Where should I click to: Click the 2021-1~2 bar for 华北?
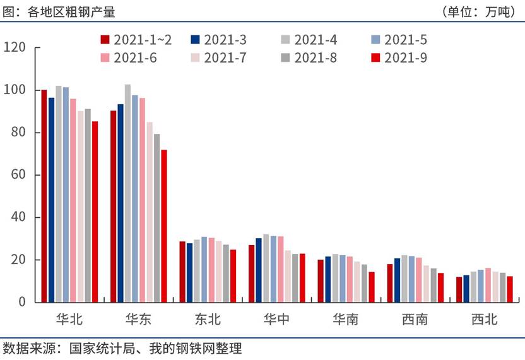coord(44,196)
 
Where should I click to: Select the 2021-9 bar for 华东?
coord(163,225)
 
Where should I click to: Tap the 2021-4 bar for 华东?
coord(127,193)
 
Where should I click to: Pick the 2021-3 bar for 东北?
coord(189,272)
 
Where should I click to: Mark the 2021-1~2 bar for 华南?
coord(321,280)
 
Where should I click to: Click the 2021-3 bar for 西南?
coord(397,280)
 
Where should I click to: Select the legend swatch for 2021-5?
coord(376,40)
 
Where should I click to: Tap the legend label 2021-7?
coord(227,58)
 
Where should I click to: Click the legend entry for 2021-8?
coord(309,58)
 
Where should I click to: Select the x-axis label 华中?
coord(276,320)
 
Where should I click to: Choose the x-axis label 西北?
coord(484,320)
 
